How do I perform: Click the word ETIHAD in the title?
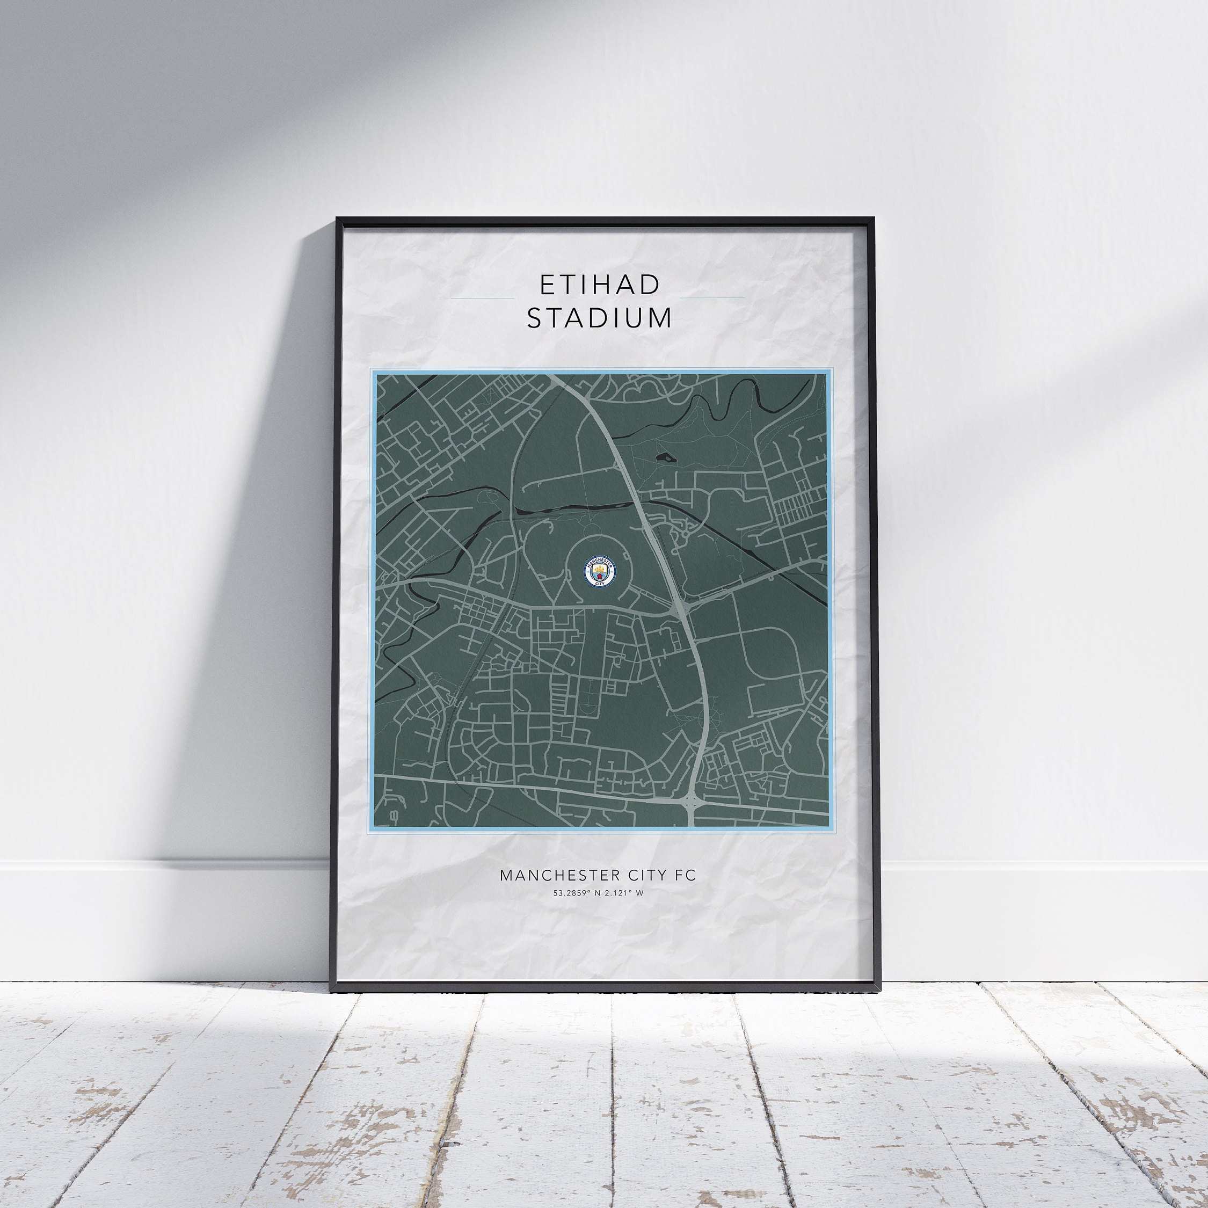click(x=599, y=285)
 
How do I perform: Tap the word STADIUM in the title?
click(x=599, y=318)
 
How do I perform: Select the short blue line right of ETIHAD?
click(x=712, y=299)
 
